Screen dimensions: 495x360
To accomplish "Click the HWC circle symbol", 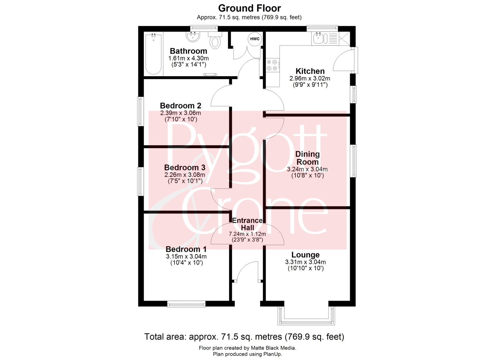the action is click(x=255, y=39).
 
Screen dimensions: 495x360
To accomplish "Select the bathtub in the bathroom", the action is click(x=153, y=54).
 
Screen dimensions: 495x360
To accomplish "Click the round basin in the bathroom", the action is click(x=39, y=37).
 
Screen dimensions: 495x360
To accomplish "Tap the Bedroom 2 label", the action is click(x=181, y=106).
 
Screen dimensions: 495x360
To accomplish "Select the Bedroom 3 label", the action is click(x=185, y=168).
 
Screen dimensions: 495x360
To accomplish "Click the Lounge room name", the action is click(x=305, y=255).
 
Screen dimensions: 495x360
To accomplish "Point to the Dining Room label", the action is click(x=307, y=158).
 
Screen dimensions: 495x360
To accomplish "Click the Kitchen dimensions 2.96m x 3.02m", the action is click(x=310, y=79).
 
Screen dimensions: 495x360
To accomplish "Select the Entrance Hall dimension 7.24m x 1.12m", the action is click(x=247, y=234).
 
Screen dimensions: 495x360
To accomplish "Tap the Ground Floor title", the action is click(x=249, y=8).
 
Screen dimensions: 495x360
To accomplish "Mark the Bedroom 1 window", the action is click(x=186, y=304).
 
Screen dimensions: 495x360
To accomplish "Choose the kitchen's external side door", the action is click(x=345, y=60).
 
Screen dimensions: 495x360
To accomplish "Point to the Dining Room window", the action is click(x=353, y=161).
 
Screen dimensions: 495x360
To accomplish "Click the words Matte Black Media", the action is click(x=273, y=348).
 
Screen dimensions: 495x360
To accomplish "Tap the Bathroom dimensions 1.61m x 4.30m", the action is click(x=188, y=58).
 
